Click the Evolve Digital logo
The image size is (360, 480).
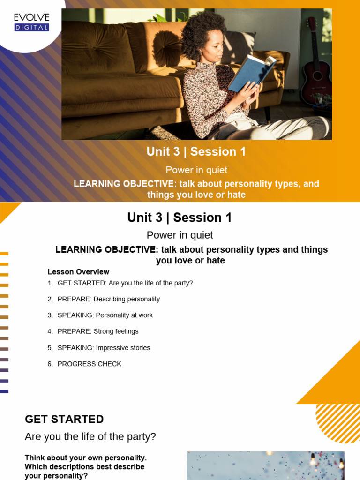coord(31,22)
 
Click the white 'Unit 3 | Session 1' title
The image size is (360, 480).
coord(196,151)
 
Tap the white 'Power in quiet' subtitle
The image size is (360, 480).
coord(196,170)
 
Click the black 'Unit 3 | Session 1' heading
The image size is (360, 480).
coord(180,217)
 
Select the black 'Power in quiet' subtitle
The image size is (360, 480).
coord(180,235)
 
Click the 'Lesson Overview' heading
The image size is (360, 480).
coord(78,272)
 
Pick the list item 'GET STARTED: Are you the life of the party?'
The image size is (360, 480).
coord(125,283)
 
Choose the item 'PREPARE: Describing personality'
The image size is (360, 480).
coord(108,299)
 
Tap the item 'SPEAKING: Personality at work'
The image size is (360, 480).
coord(105,315)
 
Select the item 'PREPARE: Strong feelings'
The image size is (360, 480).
coord(98,331)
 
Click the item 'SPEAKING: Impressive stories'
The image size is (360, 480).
coord(104,348)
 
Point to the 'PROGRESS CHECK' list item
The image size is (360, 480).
coord(89,364)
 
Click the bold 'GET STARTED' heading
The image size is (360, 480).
coord(64,419)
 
